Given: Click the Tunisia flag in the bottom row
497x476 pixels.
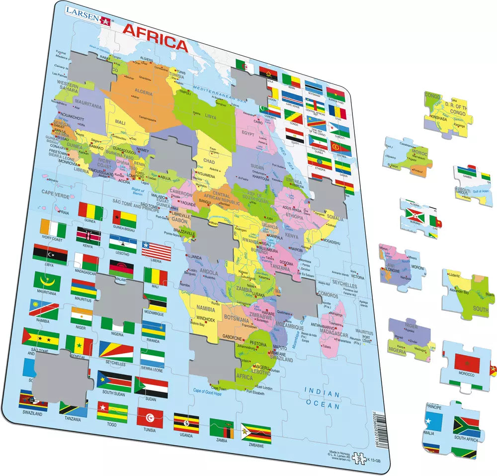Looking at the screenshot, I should coord(150,418).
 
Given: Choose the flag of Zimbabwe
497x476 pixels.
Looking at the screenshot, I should coord(256,433).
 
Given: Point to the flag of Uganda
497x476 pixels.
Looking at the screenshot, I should coord(186,424).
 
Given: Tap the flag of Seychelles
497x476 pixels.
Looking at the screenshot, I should coord(116,352).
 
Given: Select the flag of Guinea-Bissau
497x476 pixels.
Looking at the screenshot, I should coord(124,218).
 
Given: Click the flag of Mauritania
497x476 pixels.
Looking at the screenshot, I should coord(47,282).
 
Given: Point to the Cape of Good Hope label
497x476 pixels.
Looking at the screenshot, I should coord(207,391).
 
